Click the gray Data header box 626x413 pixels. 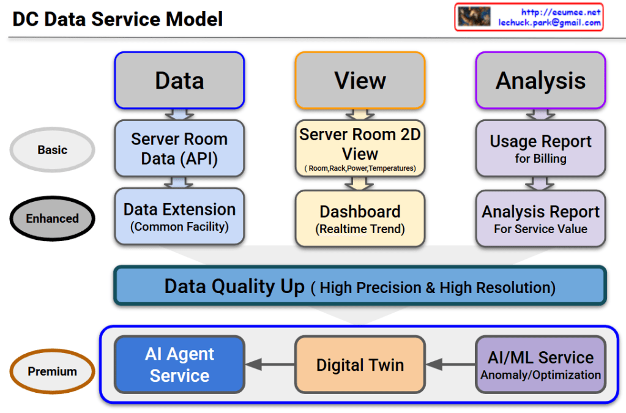tap(179, 80)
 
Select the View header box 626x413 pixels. tap(360, 80)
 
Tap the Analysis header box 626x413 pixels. tap(540, 80)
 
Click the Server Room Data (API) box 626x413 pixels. tap(179, 148)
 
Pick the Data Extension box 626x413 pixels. tap(179, 217)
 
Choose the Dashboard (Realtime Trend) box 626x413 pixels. tap(360, 218)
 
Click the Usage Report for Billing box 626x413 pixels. tap(540, 149)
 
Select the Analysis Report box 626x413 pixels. tap(540, 218)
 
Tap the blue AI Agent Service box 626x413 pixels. tap(179, 365)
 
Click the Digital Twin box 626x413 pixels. tap(360, 365)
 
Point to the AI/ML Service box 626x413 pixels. tap(540, 365)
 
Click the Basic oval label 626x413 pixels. tap(53, 150)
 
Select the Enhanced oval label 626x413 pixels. tap(53, 218)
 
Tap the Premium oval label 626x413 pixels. tap(53, 371)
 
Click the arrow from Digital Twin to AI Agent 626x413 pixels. tap(270, 365)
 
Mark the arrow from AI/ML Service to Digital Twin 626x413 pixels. tap(450, 365)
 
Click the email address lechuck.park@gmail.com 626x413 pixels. tap(549, 23)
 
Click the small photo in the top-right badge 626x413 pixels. tap(474, 17)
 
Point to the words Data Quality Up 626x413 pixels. tap(234, 286)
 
